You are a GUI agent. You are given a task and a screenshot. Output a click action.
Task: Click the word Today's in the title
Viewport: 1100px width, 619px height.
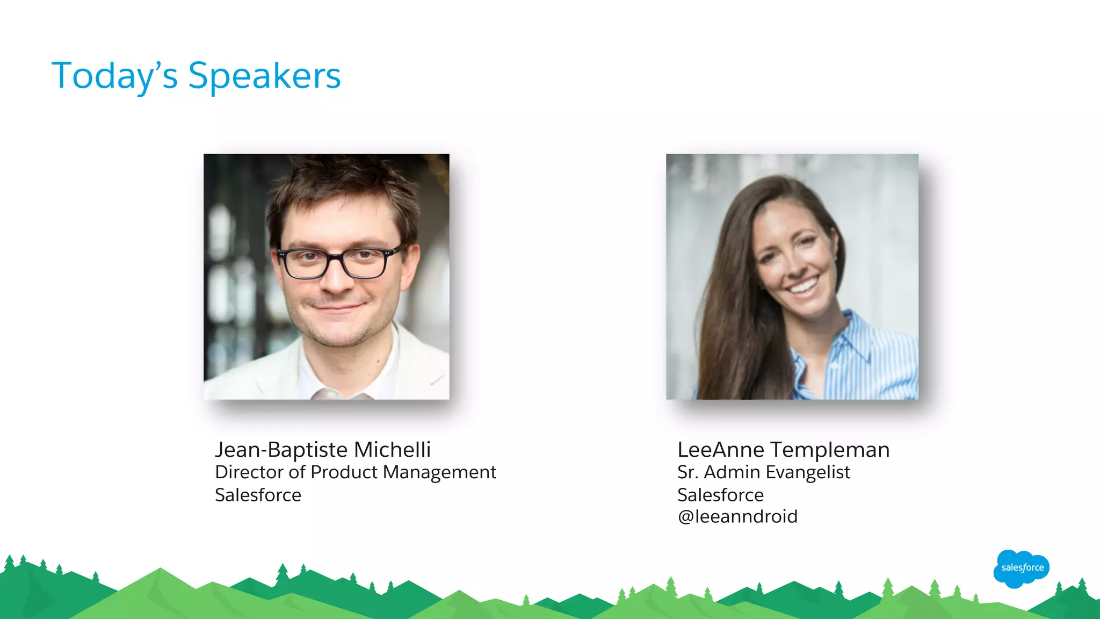coord(114,76)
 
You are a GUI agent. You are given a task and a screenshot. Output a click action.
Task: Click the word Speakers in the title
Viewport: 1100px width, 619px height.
coord(264,76)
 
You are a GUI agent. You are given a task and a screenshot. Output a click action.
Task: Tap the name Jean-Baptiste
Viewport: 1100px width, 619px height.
coord(281,450)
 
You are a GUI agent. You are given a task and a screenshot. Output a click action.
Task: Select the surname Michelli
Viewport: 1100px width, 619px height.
coord(392,450)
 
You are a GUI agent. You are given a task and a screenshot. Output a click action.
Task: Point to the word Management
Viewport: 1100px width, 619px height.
coord(439,472)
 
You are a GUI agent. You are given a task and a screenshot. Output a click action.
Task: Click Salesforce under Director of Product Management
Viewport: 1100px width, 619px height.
coord(258,495)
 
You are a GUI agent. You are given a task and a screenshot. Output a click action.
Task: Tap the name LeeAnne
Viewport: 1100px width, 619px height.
coord(720,450)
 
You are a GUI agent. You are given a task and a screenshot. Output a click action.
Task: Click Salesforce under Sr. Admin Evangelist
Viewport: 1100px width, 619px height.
coord(720,495)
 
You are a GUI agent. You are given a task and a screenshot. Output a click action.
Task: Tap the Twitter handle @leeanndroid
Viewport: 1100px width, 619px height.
coord(737,516)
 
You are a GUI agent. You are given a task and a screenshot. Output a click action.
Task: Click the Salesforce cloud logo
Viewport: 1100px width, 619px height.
coord(1022,568)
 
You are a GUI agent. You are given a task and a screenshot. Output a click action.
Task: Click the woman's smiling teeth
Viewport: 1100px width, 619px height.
coord(804,286)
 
